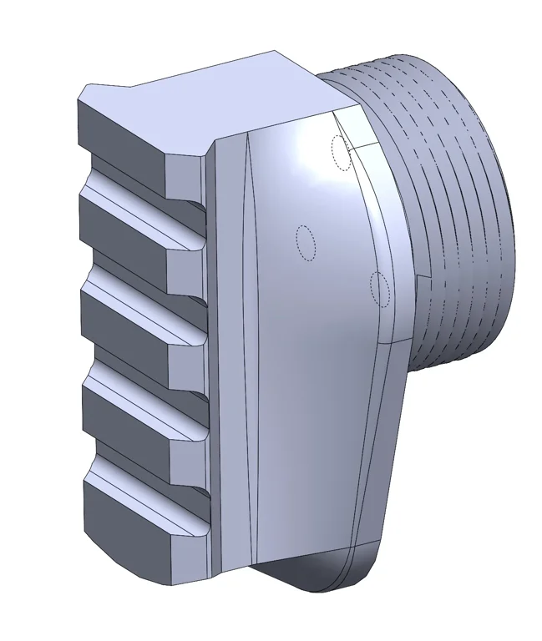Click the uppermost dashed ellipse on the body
click(x=340, y=153)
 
